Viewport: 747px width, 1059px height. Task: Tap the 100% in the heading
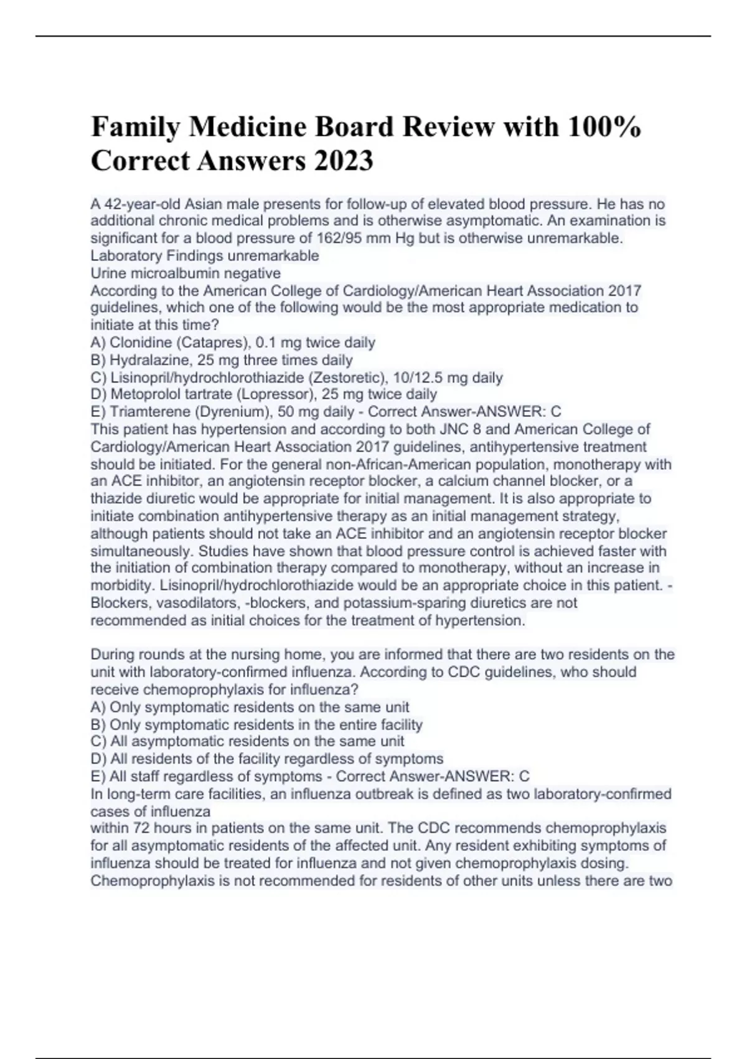pos(603,126)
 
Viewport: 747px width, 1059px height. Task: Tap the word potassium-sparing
pos(413,603)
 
